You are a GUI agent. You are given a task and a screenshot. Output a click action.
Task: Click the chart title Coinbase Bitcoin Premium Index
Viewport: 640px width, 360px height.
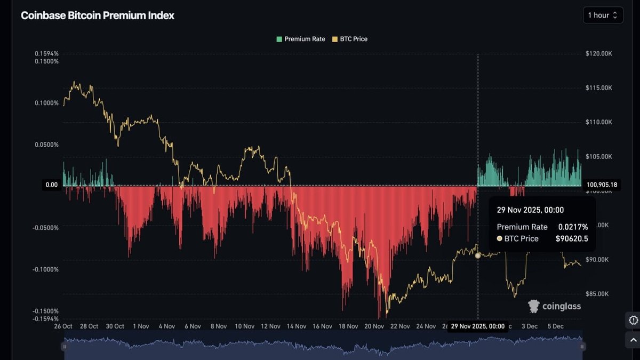pyautogui.click(x=97, y=15)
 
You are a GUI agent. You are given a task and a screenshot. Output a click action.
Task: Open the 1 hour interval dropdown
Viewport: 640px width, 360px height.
pyautogui.click(x=603, y=15)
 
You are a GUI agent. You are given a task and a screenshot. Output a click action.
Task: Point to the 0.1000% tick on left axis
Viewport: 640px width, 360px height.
pyautogui.click(x=46, y=103)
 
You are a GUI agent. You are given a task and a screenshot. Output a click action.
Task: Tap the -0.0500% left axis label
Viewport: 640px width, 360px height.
pyautogui.click(x=45, y=228)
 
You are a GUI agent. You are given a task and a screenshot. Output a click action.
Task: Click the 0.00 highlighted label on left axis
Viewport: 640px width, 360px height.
pyautogui.click(x=52, y=185)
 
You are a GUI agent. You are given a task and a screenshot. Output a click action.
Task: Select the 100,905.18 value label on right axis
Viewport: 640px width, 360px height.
pyautogui.click(x=602, y=185)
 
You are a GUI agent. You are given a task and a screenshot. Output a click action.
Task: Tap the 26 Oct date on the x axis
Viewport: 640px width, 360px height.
pyautogui.click(x=63, y=326)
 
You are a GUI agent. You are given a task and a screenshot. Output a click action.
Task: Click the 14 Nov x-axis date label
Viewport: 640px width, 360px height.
pyautogui.click(x=296, y=326)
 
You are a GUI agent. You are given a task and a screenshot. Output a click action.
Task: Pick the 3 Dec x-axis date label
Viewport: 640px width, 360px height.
pyautogui.click(x=530, y=326)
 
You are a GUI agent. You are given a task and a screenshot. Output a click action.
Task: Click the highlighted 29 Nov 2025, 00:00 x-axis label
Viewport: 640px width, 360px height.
pyautogui.click(x=477, y=326)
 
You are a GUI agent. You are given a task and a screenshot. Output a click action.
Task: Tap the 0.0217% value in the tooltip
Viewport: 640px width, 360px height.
pyautogui.click(x=573, y=227)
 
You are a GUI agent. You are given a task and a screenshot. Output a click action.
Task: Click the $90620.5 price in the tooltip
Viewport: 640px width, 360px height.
pyautogui.click(x=572, y=239)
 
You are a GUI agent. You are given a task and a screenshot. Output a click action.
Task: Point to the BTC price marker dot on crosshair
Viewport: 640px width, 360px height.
pyautogui.click(x=478, y=255)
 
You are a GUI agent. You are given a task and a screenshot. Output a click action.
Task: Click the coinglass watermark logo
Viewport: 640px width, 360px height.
pyautogui.click(x=554, y=306)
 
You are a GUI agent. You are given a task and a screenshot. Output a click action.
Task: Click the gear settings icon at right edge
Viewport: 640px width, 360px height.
pyautogui.click(x=633, y=320)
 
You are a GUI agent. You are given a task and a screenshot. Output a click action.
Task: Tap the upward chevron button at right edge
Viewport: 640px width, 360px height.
pyautogui.click(x=633, y=339)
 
